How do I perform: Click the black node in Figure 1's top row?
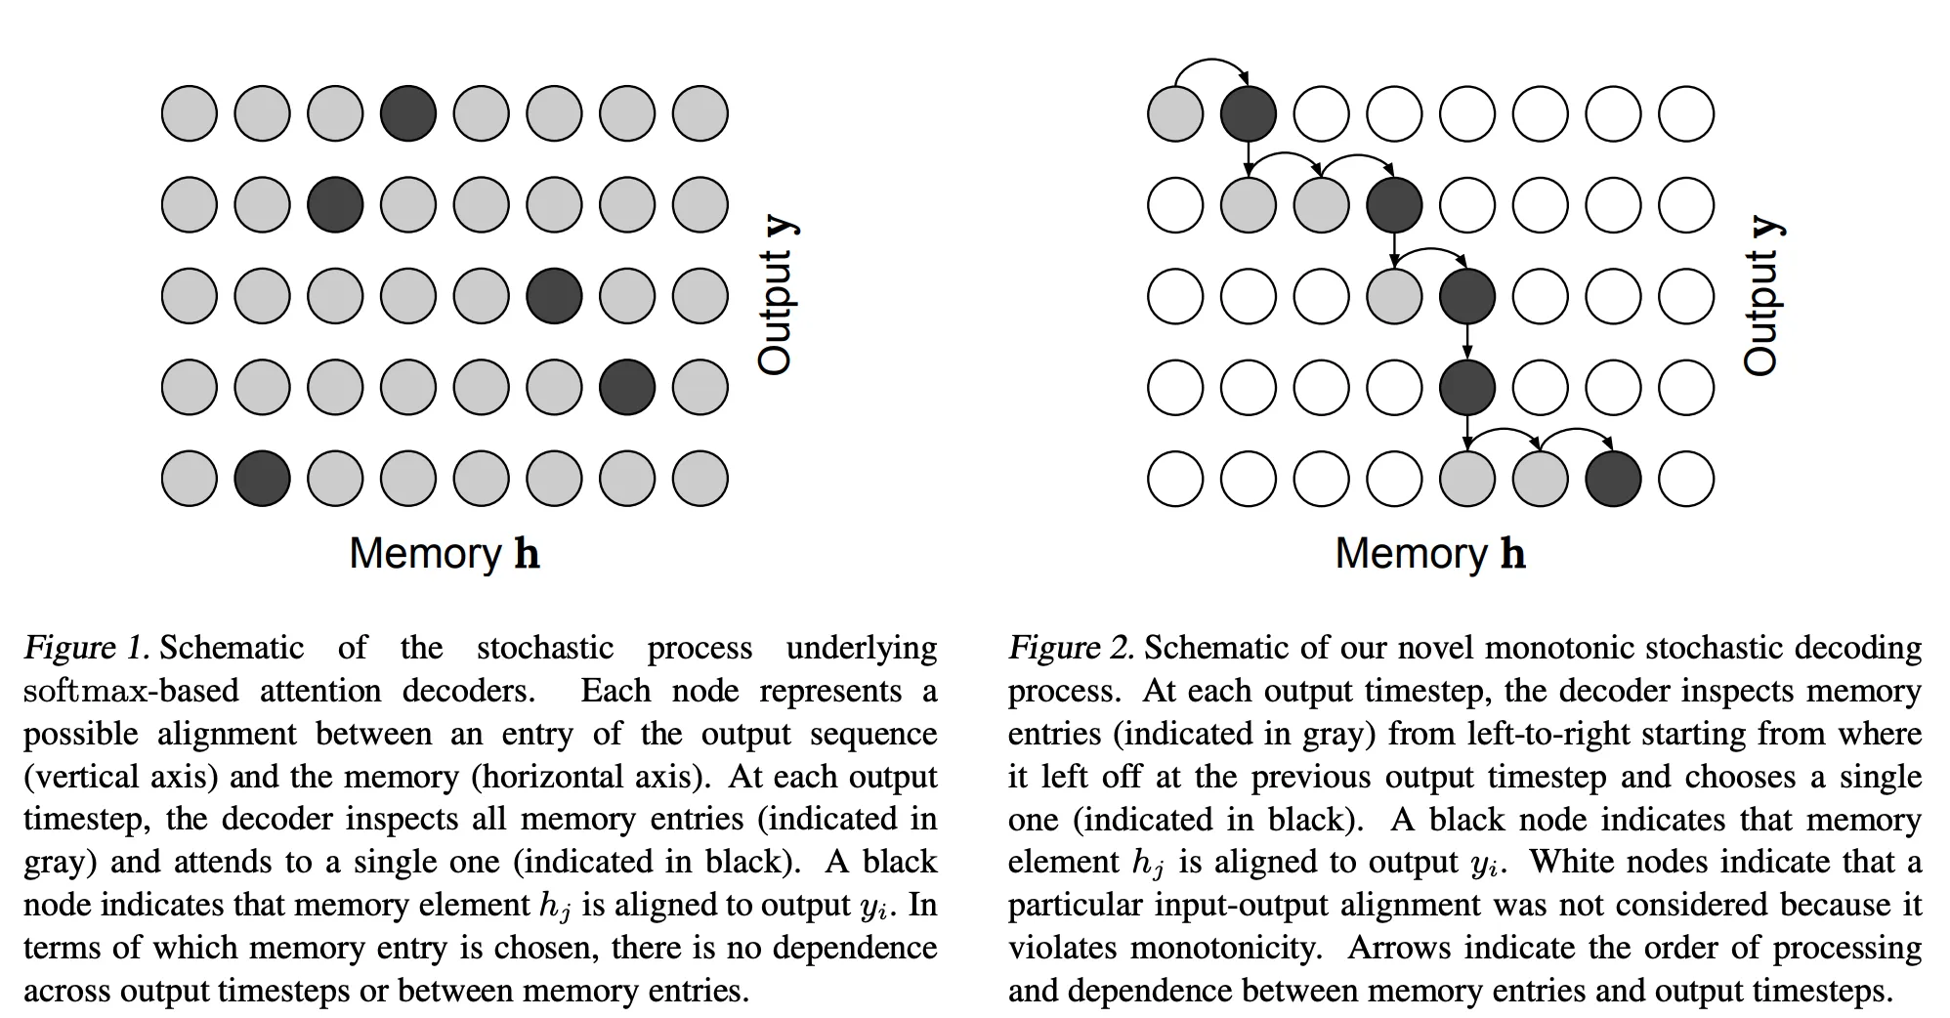(407, 113)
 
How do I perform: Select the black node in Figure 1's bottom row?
(262, 479)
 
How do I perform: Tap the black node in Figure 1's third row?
(554, 296)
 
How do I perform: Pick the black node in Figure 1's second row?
(335, 205)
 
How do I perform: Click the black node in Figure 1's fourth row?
(627, 387)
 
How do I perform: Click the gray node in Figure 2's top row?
(1174, 113)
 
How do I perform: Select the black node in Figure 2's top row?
(1248, 113)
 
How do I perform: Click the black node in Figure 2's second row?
(1394, 205)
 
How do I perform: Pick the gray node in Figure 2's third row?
(1394, 296)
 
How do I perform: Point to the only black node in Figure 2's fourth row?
(1467, 387)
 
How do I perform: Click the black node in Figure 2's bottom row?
(1613, 479)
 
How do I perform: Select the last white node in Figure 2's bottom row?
(1686, 479)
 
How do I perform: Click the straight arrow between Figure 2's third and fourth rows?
(1467, 341)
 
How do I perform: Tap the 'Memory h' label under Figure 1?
(445, 554)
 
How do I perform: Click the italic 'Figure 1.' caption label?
(86, 648)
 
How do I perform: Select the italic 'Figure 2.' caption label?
(1071, 648)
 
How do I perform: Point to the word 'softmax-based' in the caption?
(131, 691)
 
